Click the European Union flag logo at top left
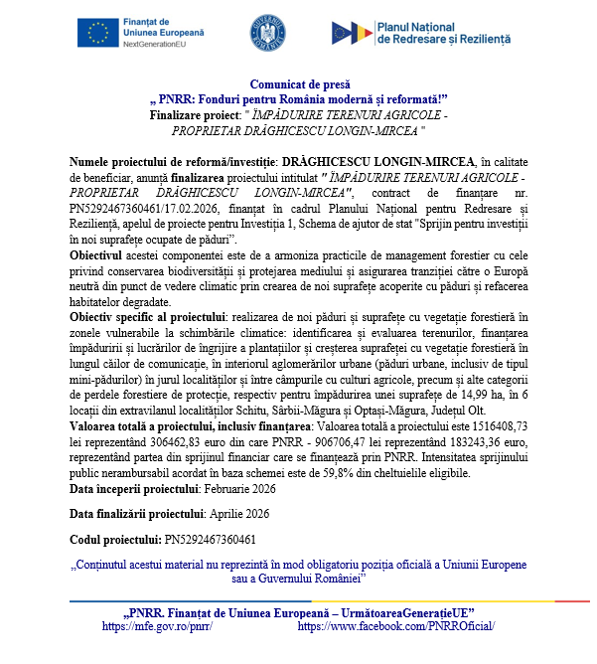(98, 33)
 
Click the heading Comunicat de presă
(299, 85)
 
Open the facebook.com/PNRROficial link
(395, 626)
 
